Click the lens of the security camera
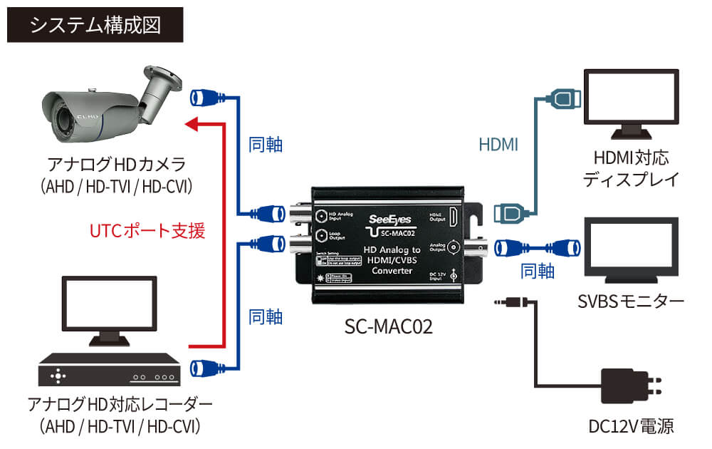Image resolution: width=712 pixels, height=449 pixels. (x=48, y=112)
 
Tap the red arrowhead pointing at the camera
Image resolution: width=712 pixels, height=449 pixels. (x=190, y=125)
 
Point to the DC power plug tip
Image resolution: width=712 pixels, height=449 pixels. (x=498, y=303)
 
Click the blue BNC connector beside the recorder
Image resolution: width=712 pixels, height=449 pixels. (x=206, y=368)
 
